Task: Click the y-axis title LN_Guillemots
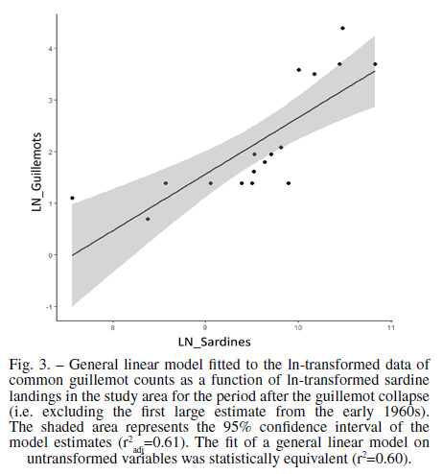point(36,172)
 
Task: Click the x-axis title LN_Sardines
point(215,342)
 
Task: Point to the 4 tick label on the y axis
point(50,49)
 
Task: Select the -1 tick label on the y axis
point(49,307)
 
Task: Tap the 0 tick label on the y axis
point(50,255)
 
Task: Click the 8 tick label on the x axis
point(112,328)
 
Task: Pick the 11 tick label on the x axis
point(391,328)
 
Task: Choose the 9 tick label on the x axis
point(205,328)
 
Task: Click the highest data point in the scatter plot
point(342,28)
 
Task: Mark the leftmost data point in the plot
point(72,198)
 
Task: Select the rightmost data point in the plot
point(375,64)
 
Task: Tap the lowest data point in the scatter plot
point(148,219)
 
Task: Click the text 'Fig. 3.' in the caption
point(30,365)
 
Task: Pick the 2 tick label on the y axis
point(50,152)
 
